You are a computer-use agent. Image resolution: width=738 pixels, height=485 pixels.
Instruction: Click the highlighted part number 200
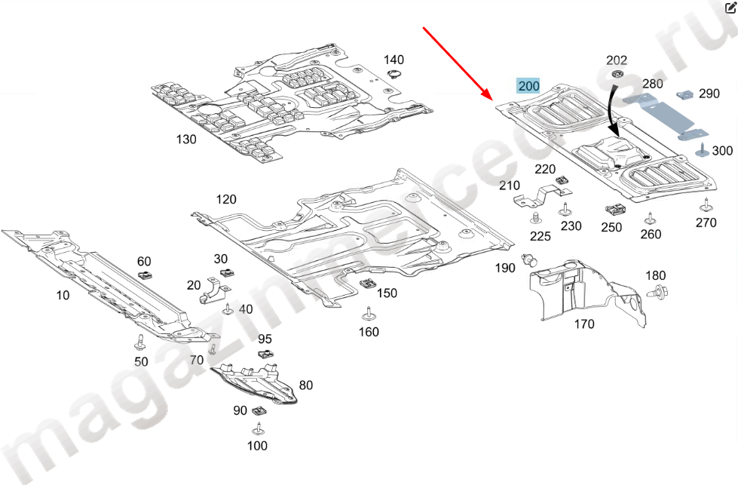[x=528, y=85]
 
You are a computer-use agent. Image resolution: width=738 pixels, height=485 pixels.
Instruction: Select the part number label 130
[x=185, y=139]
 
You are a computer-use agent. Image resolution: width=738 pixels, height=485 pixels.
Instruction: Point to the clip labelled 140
[x=394, y=73]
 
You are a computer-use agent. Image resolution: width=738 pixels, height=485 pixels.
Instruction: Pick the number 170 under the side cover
[x=583, y=324]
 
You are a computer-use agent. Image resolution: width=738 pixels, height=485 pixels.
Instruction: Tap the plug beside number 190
[x=531, y=262]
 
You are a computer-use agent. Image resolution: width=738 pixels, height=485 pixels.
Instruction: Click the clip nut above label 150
[x=367, y=284]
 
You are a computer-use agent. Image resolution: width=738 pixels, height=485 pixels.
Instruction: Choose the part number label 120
[x=226, y=199]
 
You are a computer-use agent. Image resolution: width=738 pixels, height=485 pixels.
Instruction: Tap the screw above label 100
[x=258, y=429]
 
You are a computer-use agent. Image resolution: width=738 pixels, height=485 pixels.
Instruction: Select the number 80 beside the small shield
[x=305, y=385]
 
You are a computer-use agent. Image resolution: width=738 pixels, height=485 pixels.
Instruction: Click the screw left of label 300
[x=701, y=148]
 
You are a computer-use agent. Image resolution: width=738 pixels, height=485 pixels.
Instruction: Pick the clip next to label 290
[x=685, y=95]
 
